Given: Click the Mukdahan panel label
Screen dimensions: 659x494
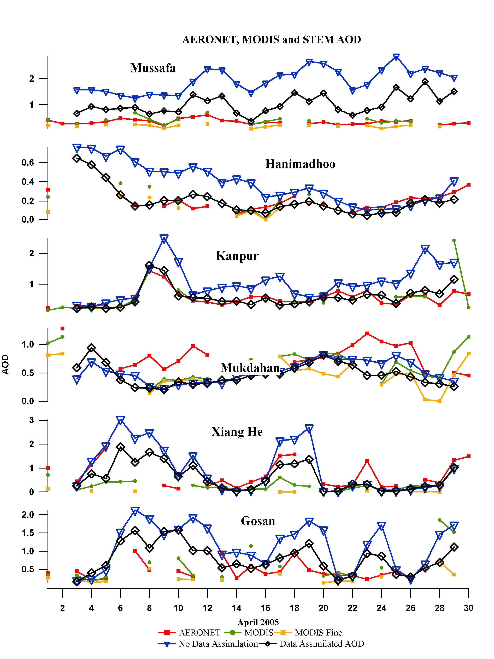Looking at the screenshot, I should tap(250, 368).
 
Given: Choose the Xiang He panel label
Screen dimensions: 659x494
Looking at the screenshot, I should tap(237, 432).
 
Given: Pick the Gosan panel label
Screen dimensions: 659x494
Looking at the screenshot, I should tap(258, 521).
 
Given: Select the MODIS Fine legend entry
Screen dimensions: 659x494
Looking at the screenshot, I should tap(318, 632).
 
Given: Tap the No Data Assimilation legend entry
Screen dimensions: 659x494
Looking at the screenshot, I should tap(218, 644).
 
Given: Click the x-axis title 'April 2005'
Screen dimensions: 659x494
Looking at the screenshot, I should tap(258, 622).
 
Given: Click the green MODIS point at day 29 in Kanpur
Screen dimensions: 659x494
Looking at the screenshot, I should tap(454, 240).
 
